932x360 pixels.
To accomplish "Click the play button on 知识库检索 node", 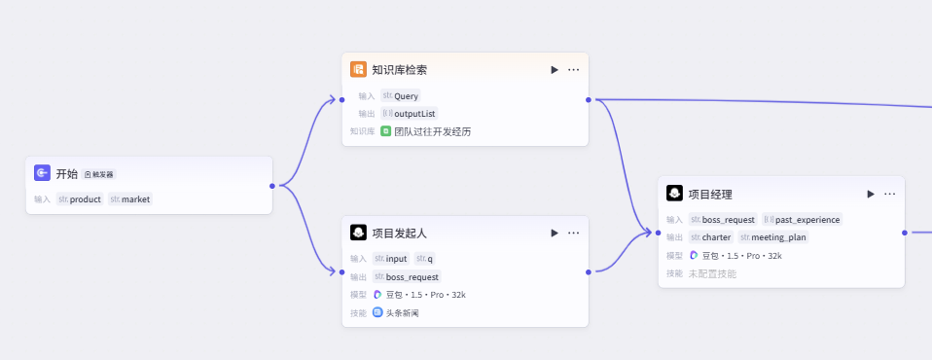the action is tap(555, 70).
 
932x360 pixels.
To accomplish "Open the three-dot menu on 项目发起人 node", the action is tap(574, 233).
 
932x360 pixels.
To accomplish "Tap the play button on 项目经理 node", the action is tap(871, 194).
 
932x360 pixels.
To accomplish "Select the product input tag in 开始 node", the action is tap(80, 199).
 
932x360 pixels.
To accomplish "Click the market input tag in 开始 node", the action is tap(130, 199).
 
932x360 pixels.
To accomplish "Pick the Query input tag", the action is tap(401, 95).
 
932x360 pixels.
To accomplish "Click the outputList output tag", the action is tap(411, 114).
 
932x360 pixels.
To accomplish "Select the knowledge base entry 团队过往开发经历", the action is tap(426, 132).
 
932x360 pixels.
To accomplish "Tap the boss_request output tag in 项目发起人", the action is tap(408, 277).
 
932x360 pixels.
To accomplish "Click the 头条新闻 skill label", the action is tap(396, 313).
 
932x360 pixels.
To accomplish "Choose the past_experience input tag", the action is tap(803, 219).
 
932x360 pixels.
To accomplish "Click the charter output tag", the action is tap(711, 237).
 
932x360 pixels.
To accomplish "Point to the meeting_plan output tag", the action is tap(773, 237).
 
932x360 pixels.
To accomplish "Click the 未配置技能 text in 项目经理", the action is tap(712, 273).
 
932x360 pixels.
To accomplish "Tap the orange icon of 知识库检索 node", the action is tap(358, 69).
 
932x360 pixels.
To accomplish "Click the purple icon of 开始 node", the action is tap(42, 173).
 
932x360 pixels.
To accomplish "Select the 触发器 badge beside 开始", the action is tap(99, 175).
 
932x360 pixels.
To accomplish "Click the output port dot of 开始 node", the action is tap(272, 186).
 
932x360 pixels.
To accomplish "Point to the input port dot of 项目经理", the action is tap(658, 233).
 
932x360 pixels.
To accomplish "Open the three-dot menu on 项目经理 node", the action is tap(890, 194).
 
